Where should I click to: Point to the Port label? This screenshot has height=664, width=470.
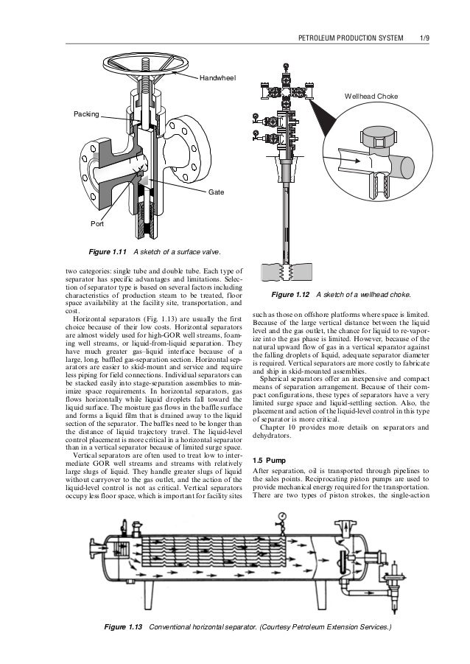click(97, 222)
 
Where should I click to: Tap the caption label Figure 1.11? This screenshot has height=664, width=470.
click(110, 251)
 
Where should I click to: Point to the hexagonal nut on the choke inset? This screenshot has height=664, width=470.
click(377, 139)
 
